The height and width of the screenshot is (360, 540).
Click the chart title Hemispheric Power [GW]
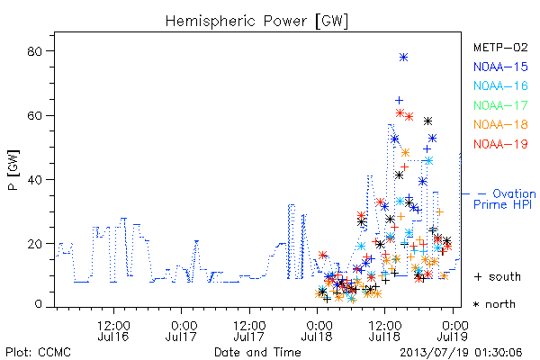(x=256, y=22)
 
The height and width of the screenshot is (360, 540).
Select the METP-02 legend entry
(x=500, y=47)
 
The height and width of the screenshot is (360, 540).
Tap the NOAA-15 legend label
(x=500, y=67)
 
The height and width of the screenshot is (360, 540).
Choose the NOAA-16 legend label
(x=500, y=85)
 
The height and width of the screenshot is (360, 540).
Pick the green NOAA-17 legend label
(x=500, y=105)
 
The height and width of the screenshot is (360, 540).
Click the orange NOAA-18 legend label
(x=500, y=124)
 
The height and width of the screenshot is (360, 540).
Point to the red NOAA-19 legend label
(x=500, y=144)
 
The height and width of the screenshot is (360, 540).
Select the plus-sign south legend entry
(x=498, y=276)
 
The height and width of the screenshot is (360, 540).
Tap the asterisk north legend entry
(x=494, y=304)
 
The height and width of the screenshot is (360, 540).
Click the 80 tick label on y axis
(x=34, y=51)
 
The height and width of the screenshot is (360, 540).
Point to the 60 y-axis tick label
(x=34, y=116)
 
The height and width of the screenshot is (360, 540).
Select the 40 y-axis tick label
(x=34, y=180)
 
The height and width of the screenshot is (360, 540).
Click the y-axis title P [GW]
(x=13, y=170)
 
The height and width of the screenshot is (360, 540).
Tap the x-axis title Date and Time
(x=257, y=352)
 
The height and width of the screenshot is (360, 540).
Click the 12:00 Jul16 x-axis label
(x=113, y=330)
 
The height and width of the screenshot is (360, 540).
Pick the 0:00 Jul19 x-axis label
(x=453, y=330)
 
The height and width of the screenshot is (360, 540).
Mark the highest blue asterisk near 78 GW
(x=403, y=58)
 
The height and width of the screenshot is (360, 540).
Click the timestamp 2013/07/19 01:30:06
(x=461, y=352)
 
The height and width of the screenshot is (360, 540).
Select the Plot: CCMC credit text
(x=38, y=352)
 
